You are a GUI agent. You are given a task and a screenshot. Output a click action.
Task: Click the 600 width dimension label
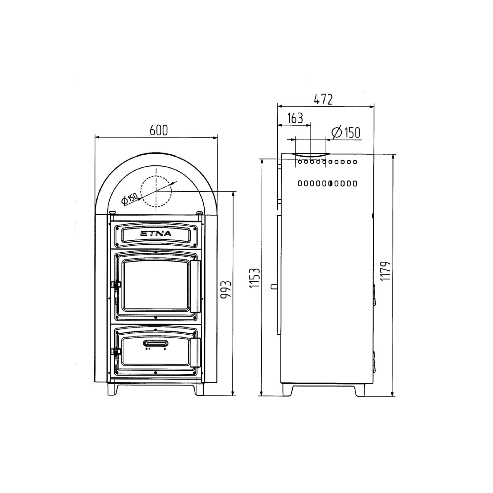[159, 130]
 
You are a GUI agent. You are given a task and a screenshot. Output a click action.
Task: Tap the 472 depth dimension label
[323, 99]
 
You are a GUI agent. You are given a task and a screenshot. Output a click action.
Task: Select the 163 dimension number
[295, 118]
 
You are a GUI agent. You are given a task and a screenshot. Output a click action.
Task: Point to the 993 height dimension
[226, 289]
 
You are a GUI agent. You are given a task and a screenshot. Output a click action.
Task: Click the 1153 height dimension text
[255, 278]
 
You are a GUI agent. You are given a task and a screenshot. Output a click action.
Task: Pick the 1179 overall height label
[385, 271]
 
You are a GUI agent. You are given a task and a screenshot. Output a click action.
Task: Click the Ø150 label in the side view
[346, 132]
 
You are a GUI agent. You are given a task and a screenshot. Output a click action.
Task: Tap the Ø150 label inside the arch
[129, 199]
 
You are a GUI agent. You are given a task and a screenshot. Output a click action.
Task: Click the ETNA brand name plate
[156, 234]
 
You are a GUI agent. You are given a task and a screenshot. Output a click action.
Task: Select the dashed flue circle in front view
[156, 191]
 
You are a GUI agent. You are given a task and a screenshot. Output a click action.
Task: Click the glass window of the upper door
[156, 285]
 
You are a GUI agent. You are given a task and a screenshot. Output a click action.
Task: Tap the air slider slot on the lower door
[156, 343]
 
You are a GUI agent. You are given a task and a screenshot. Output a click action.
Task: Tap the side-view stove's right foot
[359, 391]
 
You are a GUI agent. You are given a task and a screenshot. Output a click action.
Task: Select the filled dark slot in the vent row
[330, 184]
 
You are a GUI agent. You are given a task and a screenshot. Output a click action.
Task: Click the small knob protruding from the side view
[273, 287]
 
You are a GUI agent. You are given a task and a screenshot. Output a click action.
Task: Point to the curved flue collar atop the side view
[311, 155]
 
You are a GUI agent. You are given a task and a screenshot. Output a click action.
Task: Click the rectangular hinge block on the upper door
[195, 286]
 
